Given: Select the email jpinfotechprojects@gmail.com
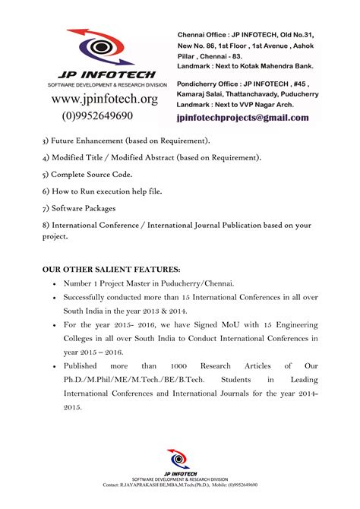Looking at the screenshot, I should [x=242, y=118].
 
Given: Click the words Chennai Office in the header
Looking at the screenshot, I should [x=205, y=35].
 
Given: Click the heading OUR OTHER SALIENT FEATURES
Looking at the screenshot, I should [x=112, y=269].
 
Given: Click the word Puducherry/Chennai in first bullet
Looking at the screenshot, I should [x=190, y=283].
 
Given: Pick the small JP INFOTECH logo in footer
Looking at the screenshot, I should [x=180, y=463].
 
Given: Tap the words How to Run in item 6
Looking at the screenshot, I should [x=78, y=191].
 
